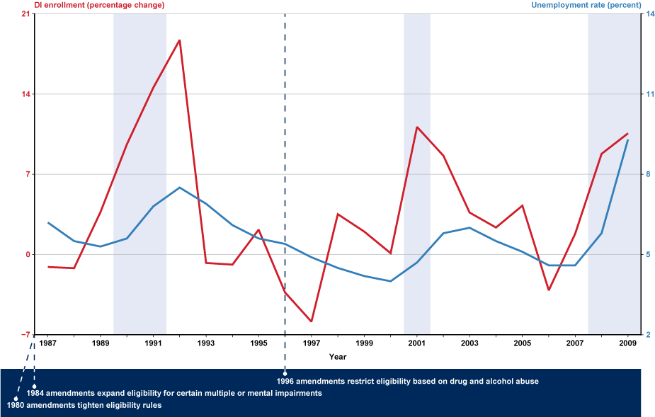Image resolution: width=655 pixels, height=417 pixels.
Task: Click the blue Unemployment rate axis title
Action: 586,5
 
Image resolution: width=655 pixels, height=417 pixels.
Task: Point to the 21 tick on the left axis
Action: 25,14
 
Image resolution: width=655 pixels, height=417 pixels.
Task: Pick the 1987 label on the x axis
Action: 47,343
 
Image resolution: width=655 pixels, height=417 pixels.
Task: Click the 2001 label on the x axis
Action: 417,343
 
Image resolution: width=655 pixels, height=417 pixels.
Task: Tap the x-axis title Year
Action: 337,356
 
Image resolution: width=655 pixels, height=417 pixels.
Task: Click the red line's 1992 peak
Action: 180,40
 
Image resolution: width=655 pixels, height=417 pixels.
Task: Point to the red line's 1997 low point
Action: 312,321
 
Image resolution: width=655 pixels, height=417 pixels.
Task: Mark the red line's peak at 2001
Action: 417,127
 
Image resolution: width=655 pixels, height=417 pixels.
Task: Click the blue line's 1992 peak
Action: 180,188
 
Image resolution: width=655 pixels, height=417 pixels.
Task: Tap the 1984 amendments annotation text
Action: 174,392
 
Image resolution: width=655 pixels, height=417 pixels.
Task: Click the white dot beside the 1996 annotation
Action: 285,373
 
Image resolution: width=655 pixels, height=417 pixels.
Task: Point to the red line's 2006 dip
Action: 549,290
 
